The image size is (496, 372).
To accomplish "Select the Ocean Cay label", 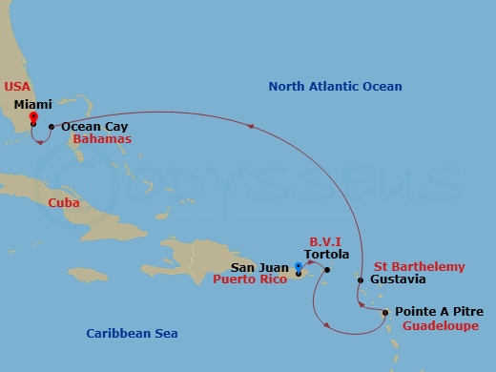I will click(x=93, y=126).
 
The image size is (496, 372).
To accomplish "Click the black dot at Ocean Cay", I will click(x=52, y=126).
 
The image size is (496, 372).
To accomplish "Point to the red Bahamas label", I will click(x=101, y=139).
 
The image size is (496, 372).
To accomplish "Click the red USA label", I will click(x=18, y=85).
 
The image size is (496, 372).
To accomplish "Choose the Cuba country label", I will click(x=63, y=203).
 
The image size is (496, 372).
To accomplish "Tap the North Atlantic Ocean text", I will click(x=335, y=87).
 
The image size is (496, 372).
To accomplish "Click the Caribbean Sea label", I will click(x=132, y=334).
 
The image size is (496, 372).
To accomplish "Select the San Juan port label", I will click(x=261, y=268).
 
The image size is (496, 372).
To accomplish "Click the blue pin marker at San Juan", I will click(x=299, y=268).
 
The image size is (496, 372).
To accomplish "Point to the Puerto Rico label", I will click(x=251, y=280).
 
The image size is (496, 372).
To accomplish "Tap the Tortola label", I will click(x=327, y=255).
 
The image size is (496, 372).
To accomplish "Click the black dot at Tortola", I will click(x=326, y=270).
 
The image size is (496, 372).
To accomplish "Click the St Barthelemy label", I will click(x=420, y=267).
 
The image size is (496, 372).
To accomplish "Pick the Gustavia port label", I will click(x=399, y=280).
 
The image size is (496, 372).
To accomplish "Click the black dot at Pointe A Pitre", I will click(x=384, y=313).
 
